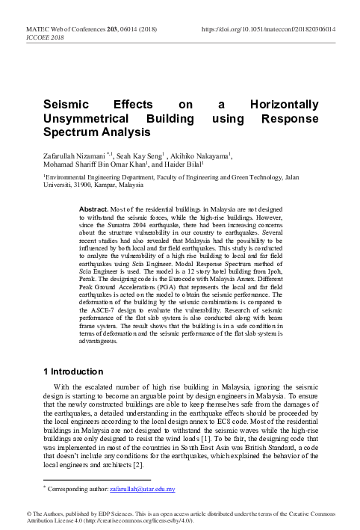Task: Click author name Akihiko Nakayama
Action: (x=213, y=156)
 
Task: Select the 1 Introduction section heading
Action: (x=73, y=371)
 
